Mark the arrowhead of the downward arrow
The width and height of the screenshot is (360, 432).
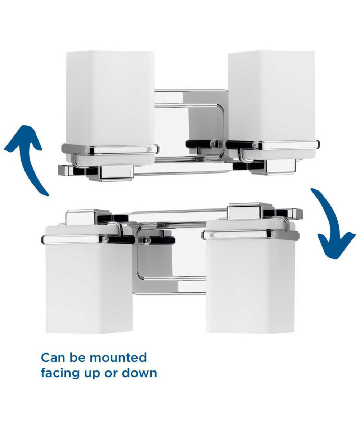[x=336, y=246]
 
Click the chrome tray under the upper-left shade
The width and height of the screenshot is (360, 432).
[x=110, y=149]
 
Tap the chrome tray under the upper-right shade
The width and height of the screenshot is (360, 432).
[x=273, y=145]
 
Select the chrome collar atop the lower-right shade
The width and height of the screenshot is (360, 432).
[x=250, y=235]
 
